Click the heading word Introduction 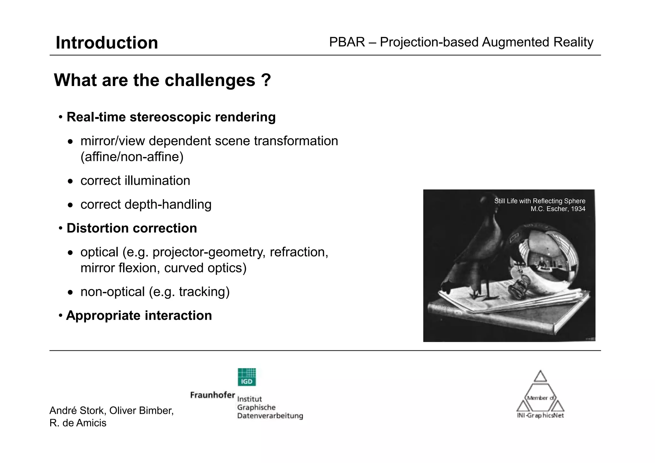point(107,43)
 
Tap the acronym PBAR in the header point(347,42)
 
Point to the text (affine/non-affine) point(132,157)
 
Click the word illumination point(157,181)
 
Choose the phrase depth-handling point(168,205)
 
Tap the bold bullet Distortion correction point(131,228)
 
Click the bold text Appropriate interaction point(139,316)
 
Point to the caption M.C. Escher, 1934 point(558,209)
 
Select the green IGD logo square point(247,377)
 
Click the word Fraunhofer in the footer point(212,395)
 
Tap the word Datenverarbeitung point(270,416)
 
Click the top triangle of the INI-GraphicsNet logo point(540,376)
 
